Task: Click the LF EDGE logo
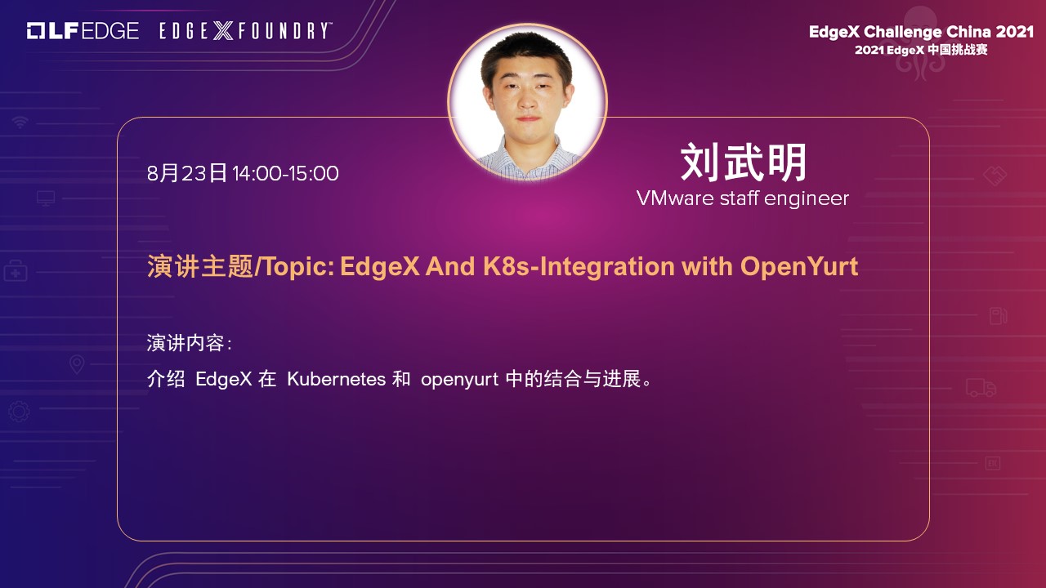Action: coord(83,31)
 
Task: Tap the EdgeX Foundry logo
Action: coord(246,31)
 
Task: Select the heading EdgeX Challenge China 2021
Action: coord(921,32)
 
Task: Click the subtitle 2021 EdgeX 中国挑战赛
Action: coord(921,50)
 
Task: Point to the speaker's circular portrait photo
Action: coord(528,102)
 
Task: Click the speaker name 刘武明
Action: coord(744,163)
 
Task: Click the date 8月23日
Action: coord(187,173)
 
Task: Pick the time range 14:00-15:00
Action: coord(285,173)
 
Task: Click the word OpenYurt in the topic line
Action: coord(799,267)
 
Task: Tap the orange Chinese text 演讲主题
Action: coord(200,266)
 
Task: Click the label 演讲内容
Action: coord(186,343)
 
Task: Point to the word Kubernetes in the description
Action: coord(336,379)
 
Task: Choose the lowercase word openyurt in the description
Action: coord(459,380)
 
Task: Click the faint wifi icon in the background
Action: coord(20,122)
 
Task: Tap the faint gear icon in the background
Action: coord(19,412)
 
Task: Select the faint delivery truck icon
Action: coord(981,388)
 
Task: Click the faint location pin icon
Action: coord(77,364)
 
